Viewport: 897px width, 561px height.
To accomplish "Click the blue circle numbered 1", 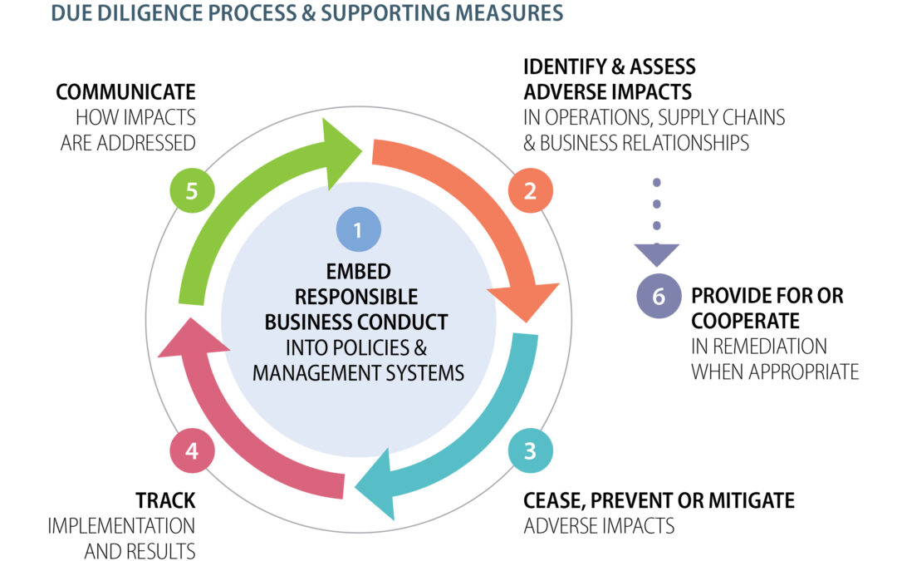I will pyautogui.click(x=358, y=230).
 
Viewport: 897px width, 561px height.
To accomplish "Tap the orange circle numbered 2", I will pyautogui.click(x=530, y=191).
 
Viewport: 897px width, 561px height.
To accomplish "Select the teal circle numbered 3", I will pyautogui.click(x=530, y=451).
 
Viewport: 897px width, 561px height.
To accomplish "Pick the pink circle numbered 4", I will pyautogui.click(x=192, y=451).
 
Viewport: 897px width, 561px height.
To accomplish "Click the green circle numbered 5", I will pyautogui.click(x=192, y=191).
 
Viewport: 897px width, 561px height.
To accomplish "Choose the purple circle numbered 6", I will pyautogui.click(x=659, y=297).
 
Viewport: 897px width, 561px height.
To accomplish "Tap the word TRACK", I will pyautogui.click(x=166, y=500).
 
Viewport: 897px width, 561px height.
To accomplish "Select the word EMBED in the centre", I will pyautogui.click(x=359, y=272).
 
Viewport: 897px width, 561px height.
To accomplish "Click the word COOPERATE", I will pyautogui.click(x=745, y=321).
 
